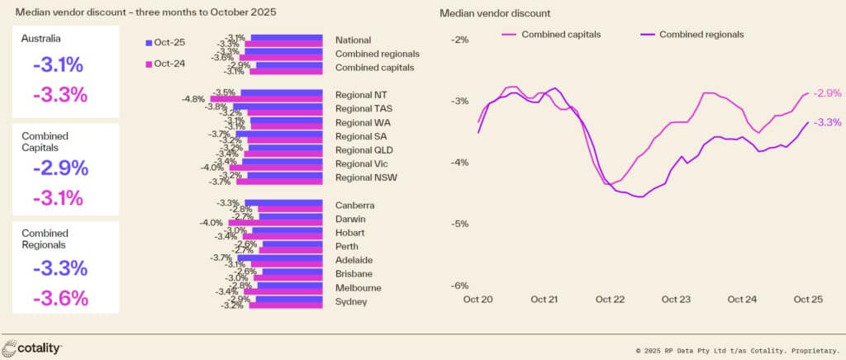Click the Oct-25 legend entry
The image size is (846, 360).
(167, 42)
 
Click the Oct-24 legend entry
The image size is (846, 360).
(167, 64)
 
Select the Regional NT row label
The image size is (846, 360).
(359, 94)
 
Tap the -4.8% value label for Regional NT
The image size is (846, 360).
(193, 99)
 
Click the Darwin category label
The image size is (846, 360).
(351, 219)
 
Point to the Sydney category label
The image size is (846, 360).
(351, 301)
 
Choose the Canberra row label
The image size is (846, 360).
(355, 205)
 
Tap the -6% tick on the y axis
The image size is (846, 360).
(460, 286)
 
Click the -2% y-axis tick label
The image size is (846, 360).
(460, 39)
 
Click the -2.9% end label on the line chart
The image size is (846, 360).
(827, 93)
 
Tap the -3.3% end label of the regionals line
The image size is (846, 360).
(827, 122)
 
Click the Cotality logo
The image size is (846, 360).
(32, 347)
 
